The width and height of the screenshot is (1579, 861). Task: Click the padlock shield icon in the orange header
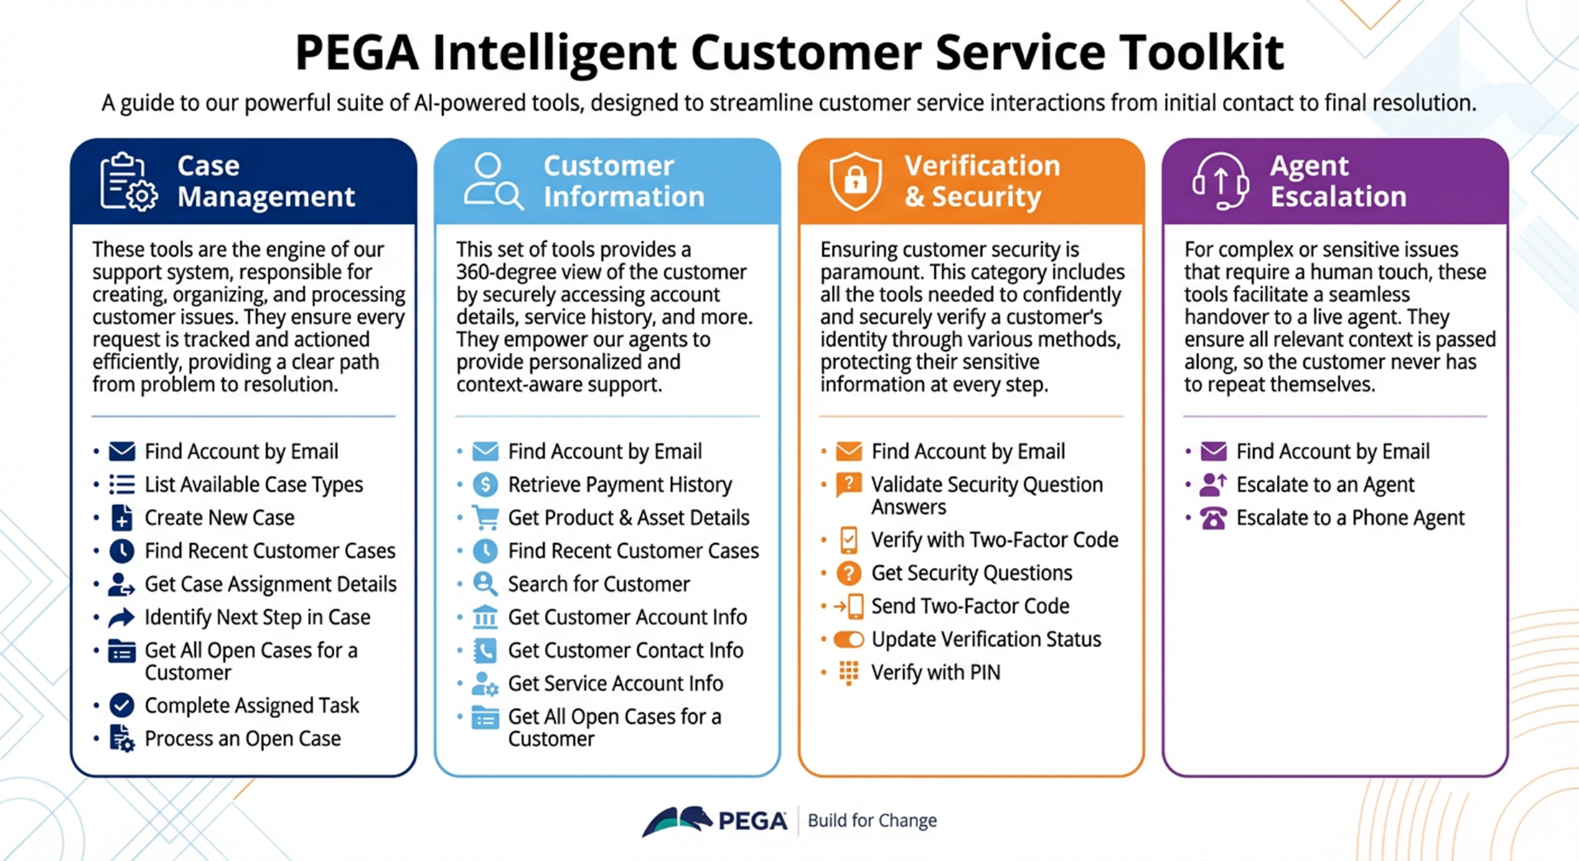(855, 181)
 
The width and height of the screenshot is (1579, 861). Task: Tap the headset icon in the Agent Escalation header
(1220, 181)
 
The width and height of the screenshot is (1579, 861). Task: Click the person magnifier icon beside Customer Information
(492, 181)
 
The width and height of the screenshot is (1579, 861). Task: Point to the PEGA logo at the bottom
(715, 821)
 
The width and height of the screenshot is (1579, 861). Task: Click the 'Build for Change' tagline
(872, 820)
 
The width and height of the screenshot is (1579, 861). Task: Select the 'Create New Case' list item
(219, 517)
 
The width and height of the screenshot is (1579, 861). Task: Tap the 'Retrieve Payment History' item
(619, 484)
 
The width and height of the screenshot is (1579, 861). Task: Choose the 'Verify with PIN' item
(935, 672)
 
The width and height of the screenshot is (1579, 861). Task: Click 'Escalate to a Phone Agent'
(1350, 517)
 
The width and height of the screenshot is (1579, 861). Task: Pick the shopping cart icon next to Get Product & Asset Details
(485, 517)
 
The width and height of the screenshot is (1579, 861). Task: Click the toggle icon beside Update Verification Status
(848, 639)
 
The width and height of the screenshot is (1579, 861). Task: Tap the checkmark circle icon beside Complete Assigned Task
(122, 705)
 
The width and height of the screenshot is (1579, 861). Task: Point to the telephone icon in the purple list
(1213, 517)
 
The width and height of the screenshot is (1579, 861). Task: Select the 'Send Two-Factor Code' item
(970, 606)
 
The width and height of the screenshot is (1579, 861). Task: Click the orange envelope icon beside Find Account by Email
(848, 451)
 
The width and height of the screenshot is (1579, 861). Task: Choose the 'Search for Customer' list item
(599, 584)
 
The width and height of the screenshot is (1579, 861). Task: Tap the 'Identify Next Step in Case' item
(257, 617)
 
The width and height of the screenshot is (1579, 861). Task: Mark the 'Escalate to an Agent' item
(1325, 484)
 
